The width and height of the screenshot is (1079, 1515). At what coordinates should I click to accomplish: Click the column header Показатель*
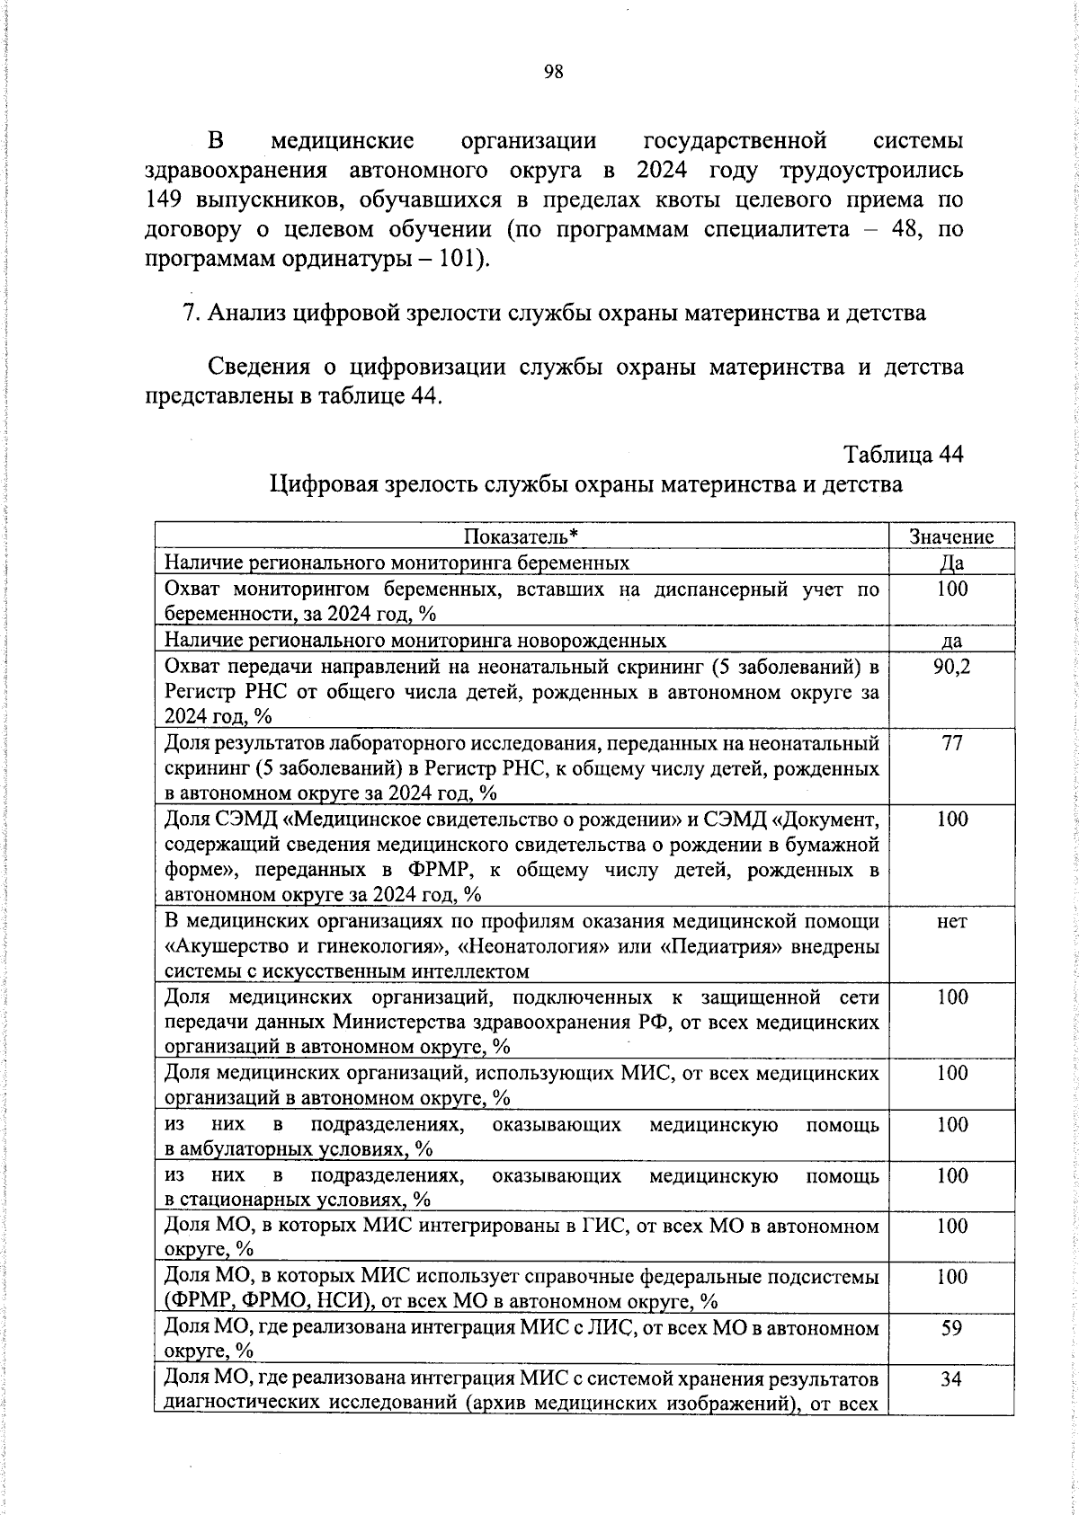tap(521, 536)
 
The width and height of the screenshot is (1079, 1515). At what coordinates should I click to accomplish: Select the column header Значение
tap(951, 536)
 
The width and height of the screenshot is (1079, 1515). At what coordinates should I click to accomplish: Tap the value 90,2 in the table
tap(951, 666)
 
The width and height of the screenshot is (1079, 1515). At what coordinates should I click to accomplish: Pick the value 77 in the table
tap(951, 743)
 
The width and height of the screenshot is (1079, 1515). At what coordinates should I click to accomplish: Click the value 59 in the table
tap(951, 1327)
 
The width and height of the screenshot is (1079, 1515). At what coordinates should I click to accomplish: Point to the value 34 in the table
tap(951, 1378)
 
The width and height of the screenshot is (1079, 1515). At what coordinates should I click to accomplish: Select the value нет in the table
tap(951, 921)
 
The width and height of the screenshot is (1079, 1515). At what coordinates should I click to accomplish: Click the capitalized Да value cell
tap(951, 563)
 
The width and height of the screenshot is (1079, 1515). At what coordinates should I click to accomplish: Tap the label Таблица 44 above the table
tap(904, 455)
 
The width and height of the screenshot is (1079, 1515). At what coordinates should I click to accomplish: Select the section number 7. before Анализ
tap(190, 314)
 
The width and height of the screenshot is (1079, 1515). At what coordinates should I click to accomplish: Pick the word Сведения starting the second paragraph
tap(259, 368)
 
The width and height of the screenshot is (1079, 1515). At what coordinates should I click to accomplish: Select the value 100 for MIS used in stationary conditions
tap(951, 1175)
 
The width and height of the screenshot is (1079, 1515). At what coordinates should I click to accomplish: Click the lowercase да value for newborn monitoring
tap(951, 641)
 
